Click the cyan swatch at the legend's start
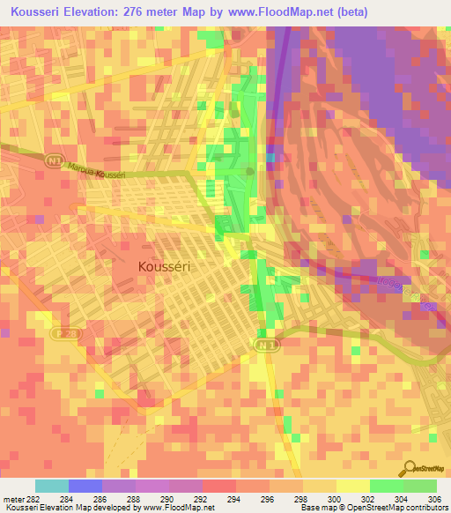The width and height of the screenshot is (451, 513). coord(52,486)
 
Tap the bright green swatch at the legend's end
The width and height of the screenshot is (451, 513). coord(419,486)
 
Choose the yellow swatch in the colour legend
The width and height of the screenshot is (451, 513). coord(352,486)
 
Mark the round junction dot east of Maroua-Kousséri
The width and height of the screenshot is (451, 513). coord(251,170)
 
